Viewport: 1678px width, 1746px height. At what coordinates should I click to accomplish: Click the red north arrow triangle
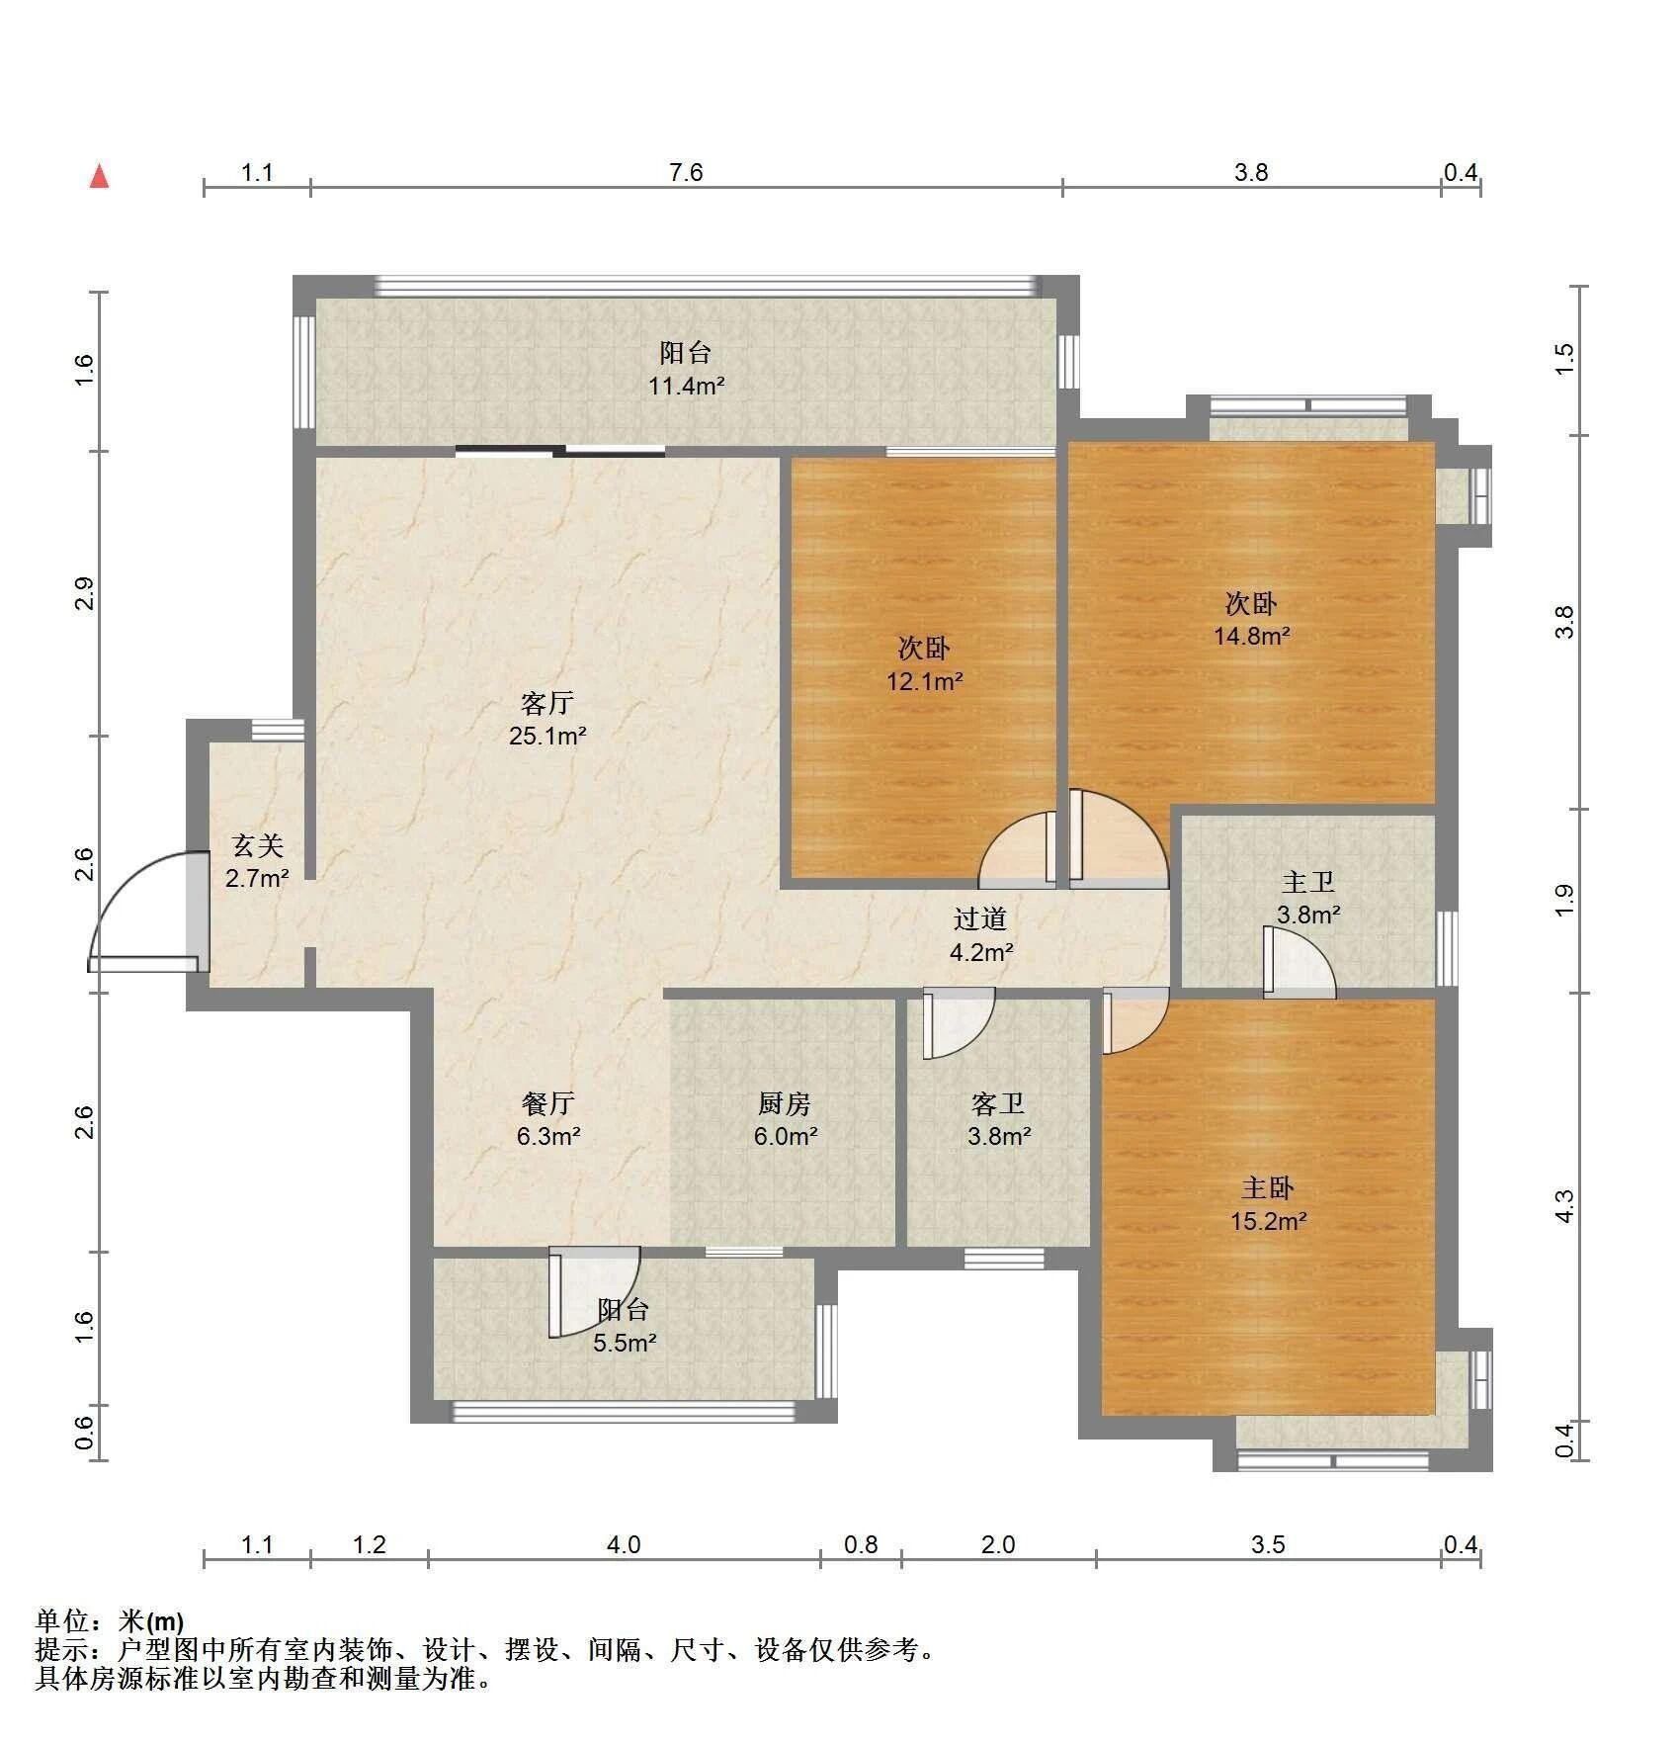click(x=99, y=177)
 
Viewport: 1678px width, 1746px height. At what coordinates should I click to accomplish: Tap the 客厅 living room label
click(x=546, y=704)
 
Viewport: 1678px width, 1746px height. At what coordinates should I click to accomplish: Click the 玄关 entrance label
click(x=257, y=846)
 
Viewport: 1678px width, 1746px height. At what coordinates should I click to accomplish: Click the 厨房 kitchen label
click(x=785, y=1103)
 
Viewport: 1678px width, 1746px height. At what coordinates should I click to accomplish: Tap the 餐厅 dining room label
click(x=547, y=1103)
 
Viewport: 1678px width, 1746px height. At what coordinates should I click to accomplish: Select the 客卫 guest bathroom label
click(x=998, y=1103)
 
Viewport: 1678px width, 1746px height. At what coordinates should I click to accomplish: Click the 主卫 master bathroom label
click(x=1307, y=882)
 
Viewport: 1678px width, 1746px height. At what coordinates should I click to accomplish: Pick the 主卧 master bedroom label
click(x=1268, y=1188)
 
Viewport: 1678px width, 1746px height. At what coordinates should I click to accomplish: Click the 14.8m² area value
click(x=1251, y=636)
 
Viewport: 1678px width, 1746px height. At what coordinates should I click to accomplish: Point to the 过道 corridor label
click(x=979, y=919)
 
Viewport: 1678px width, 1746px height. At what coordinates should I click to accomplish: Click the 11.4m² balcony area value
click(x=686, y=386)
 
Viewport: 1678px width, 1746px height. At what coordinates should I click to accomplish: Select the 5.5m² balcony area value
click(x=625, y=1343)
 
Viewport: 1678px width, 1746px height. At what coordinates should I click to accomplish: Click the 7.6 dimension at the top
click(x=685, y=173)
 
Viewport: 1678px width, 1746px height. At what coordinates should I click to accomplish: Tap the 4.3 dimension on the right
click(x=1563, y=1205)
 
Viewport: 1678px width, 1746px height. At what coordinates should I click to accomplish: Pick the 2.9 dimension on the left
click(x=85, y=592)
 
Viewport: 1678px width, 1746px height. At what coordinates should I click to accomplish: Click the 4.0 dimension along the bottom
click(x=624, y=1544)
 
